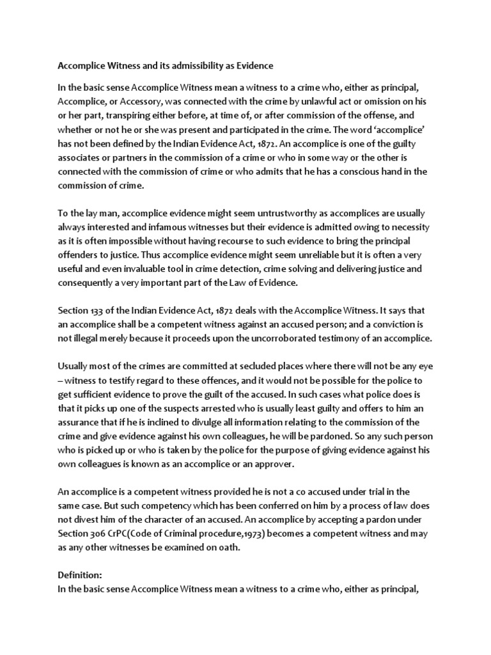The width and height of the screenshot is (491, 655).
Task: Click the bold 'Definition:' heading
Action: (x=80, y=575)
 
